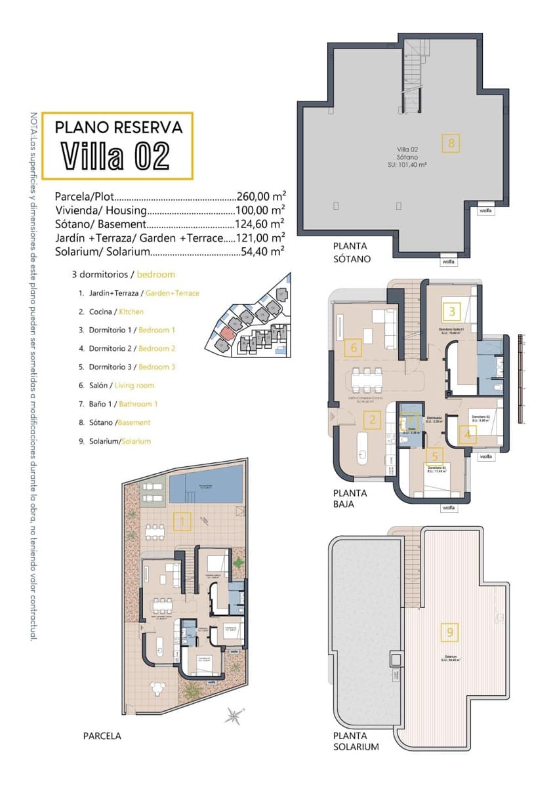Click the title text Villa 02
coord(116,155)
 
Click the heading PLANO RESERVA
coord(123,126)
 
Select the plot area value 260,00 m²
coord(260,196)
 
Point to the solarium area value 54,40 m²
coord(260,251)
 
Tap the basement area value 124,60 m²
coord(260,224)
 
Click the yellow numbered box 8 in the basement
coord(451,143)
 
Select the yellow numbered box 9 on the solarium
coord(449,632)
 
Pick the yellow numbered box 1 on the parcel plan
coord(182,521)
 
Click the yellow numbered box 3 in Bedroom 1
coord(452,310)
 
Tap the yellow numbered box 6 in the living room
coord(353,348)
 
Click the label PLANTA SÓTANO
coord(352,252)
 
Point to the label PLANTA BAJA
coord(350,498)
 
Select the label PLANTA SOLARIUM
coord(356,741)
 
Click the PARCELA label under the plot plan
coord(102,736)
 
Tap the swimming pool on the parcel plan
coord(206,487)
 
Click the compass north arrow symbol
coord(234,715)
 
